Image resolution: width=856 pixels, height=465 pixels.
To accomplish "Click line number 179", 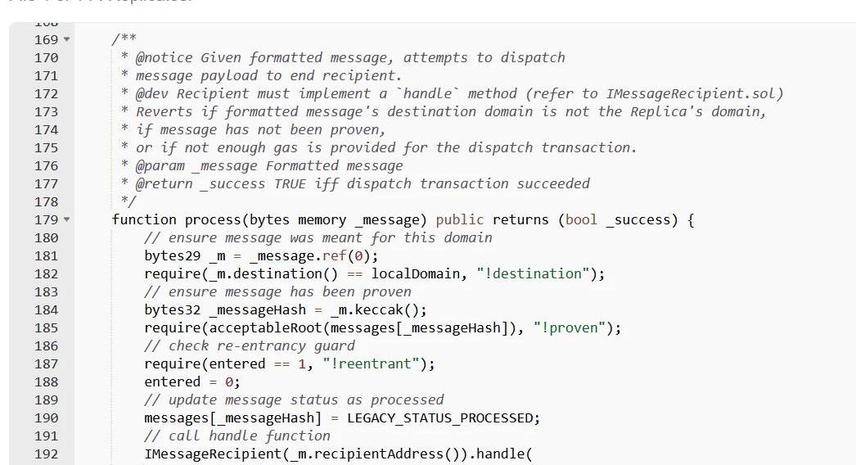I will (47, 219).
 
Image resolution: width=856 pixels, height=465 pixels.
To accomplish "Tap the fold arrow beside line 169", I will (66, 40).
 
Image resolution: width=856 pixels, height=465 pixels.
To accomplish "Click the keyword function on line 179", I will (144, 219).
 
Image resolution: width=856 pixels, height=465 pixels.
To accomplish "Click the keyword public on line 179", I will (460, 219).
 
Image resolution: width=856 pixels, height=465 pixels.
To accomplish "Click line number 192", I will (47, 454).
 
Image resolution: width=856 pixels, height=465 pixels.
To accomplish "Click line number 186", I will (47, 345).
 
